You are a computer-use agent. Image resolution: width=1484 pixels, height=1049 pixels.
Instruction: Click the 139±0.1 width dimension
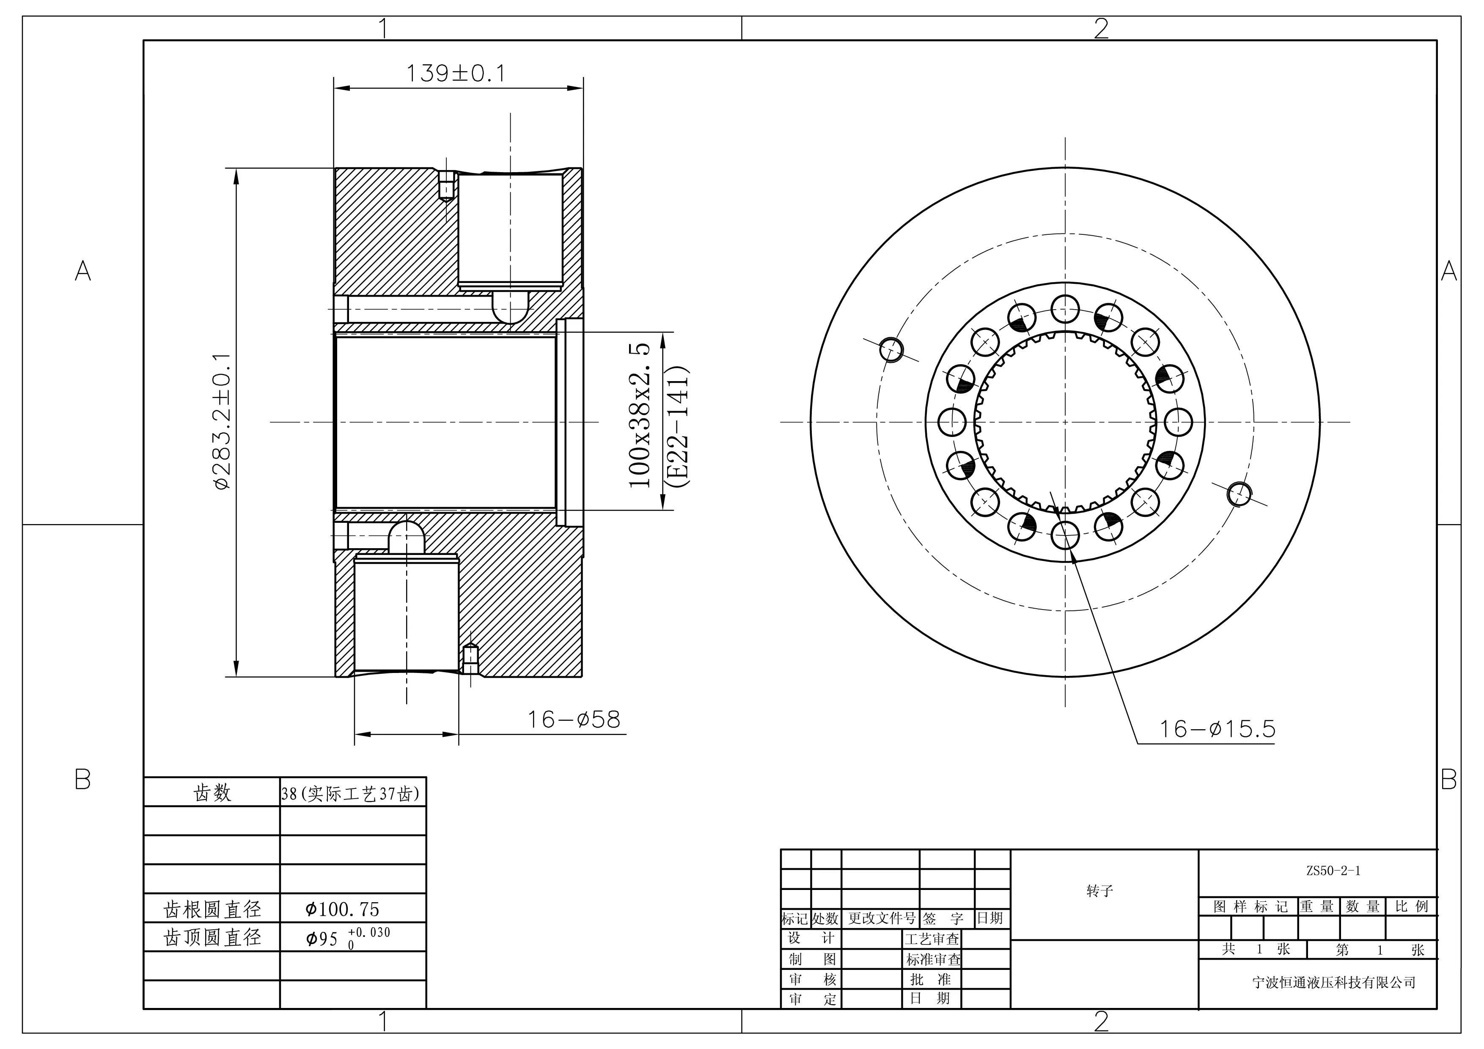[x=456, y=74]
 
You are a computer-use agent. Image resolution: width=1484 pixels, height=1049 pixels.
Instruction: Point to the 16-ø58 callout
[x=574, y=719]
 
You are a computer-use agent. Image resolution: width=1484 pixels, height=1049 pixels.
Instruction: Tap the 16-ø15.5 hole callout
[x=1217, y=729]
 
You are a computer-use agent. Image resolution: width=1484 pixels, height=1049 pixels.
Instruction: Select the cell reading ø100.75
[x=343, y=909]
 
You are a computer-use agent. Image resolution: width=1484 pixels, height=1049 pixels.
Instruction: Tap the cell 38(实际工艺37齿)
[x=350, y=793]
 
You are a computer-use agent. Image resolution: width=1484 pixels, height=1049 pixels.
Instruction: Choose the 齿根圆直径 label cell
[x=212, y=909]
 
